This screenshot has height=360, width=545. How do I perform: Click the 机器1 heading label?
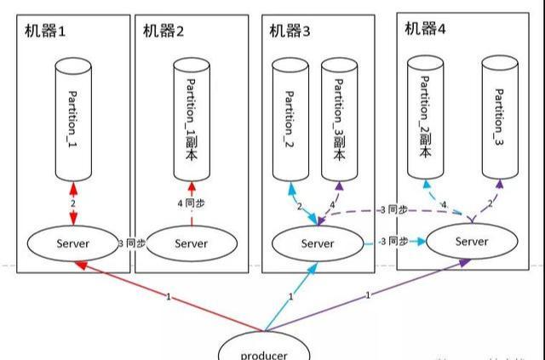[x=43, y=31]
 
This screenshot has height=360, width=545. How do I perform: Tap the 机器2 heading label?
[x=163, y=31]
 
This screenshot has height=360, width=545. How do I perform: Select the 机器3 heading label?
[x=290, y=31]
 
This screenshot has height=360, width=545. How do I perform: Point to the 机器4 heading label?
[x=425, y=28]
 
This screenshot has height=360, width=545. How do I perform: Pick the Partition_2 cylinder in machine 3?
[x=290, y=119]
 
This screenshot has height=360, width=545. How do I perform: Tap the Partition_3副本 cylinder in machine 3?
[x=340, y=119]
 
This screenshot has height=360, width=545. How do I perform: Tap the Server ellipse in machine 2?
[x=191, y=243]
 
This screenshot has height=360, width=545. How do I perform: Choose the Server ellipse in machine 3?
[x=317, y=243]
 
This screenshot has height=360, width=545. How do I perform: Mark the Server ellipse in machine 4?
[x=472, y=241]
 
